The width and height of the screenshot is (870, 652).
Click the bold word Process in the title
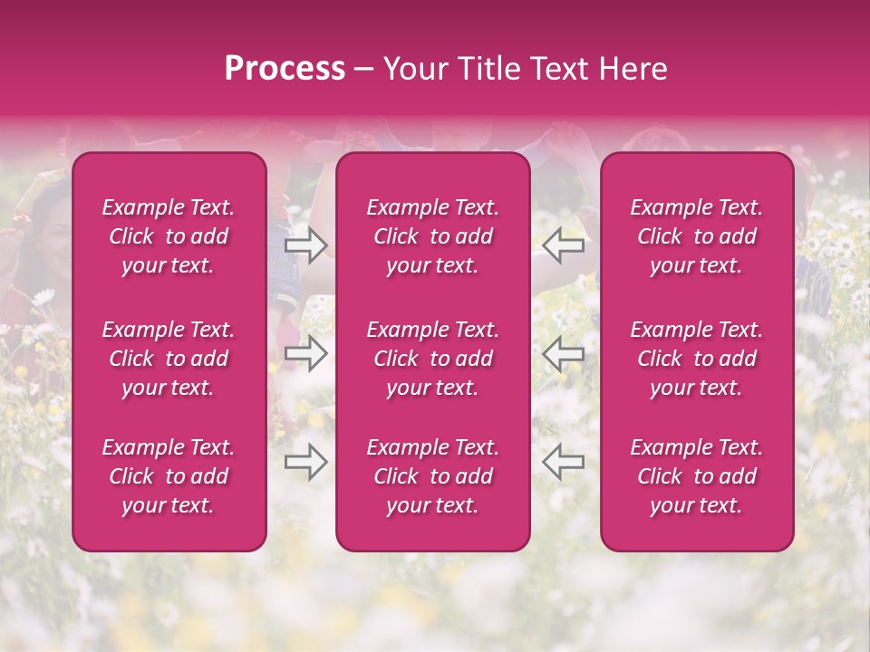coord(285,69)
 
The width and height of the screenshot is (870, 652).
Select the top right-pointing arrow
coord(306,245)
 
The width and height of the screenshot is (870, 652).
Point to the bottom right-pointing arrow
coord(306,462)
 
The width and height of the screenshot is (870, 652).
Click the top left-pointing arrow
coord(563,245)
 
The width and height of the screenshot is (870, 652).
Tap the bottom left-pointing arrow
coord(563,462)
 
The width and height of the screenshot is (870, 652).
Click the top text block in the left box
coord(169,236)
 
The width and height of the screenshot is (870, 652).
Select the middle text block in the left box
coord(169,359)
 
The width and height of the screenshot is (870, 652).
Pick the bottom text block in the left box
coord(169,476)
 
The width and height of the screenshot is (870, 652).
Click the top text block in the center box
coord(432,236)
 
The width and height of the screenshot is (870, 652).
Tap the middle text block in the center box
coord(432,359)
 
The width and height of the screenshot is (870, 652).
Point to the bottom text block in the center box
coord(432,476)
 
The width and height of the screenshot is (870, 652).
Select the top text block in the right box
coord(696,236)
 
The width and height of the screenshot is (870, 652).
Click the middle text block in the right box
coord(696,359)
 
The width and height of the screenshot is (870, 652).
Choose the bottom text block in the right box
coord(696,476)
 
